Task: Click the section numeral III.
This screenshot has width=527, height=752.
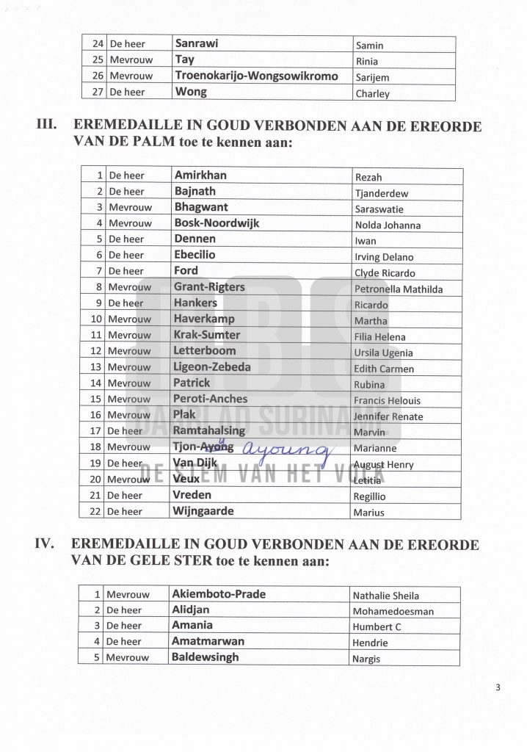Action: coord(48,126)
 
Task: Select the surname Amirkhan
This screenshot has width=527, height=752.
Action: coord(200,176)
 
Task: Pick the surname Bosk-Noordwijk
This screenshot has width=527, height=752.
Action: coord(217,223)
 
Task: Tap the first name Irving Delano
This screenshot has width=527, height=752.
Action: coord(383,257)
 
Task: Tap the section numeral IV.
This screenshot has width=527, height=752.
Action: coord(48,546)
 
